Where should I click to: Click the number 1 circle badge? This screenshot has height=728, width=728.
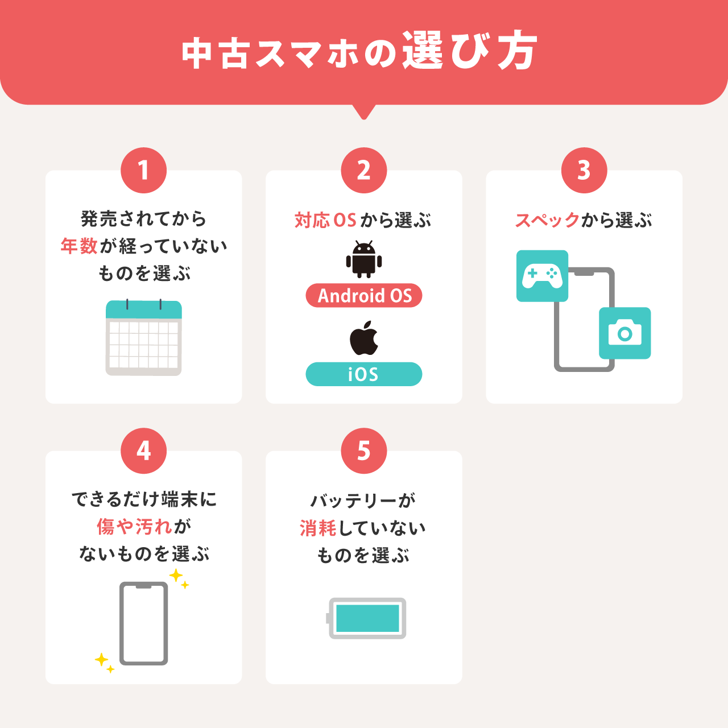coord(143,171)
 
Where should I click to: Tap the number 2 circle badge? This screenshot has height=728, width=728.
coord(364,171)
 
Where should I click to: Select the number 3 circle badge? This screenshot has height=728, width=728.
coord(584,171)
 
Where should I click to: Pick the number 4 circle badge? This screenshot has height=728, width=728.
coord(143,450)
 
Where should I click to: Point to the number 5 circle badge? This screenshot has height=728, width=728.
coord(364,450)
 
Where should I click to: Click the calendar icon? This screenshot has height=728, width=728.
coord(143,337)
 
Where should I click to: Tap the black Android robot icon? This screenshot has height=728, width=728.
coord(364,259)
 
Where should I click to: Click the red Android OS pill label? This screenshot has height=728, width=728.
coord(364,295)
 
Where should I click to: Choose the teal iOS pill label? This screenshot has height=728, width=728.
coord(364,374)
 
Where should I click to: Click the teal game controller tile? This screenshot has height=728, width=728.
coord(542,276)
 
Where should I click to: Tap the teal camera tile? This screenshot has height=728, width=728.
coord(625,333)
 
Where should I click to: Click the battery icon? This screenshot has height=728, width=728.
coord(366,618)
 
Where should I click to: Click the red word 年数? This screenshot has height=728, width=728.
coord(79,246)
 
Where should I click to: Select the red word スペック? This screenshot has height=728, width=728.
coord(547,220)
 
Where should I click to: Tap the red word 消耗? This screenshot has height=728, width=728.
coord(318,528)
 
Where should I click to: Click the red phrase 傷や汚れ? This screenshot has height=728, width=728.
coord(135,526)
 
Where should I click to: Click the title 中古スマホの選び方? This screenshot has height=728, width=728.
coord(359,51)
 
